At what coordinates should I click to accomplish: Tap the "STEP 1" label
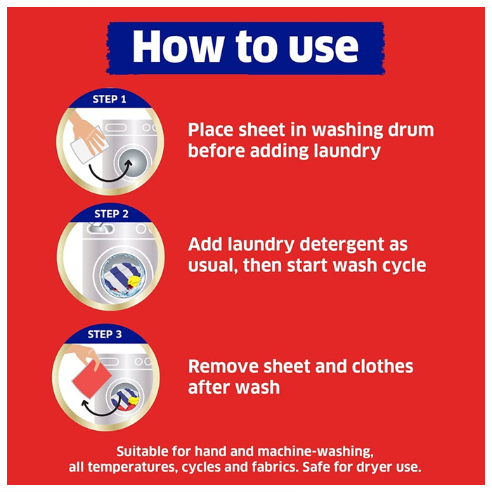109,99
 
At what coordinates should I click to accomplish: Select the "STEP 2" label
111,214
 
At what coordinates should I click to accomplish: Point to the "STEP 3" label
105,334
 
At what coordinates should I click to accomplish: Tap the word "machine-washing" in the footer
316,452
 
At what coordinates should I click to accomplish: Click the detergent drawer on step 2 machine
100,228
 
